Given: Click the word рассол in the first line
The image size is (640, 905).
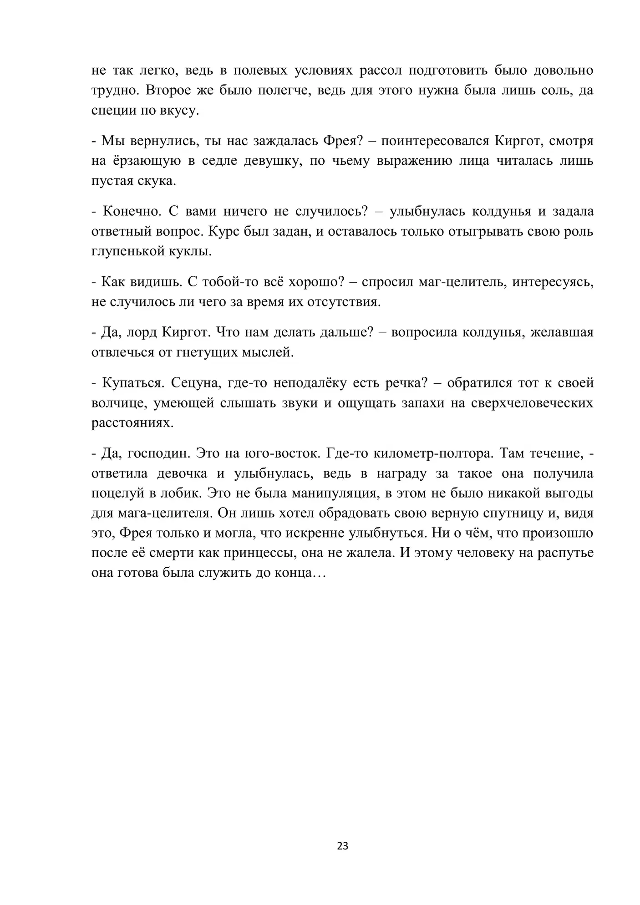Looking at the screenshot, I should (377, 71).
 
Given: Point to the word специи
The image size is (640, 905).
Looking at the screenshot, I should (113, 111).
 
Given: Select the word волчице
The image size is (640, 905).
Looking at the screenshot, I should (118, 403).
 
